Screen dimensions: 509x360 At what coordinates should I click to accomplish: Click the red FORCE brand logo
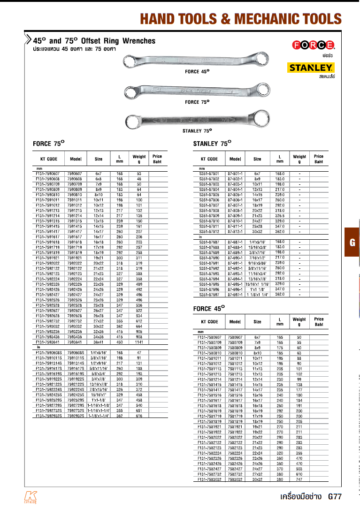point(314,45)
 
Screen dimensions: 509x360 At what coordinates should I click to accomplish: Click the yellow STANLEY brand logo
point(311,68)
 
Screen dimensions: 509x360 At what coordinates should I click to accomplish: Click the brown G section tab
point(352,243)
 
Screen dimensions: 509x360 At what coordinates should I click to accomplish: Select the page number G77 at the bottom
point(335,496)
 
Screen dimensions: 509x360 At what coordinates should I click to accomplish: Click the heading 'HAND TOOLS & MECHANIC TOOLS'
point(241,19)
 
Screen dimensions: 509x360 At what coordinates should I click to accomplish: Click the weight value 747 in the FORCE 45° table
point(299,479)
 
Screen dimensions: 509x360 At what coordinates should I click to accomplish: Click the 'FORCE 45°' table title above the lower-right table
point(209,308)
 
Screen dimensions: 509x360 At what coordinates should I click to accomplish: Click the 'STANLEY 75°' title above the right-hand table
point(213,144)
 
